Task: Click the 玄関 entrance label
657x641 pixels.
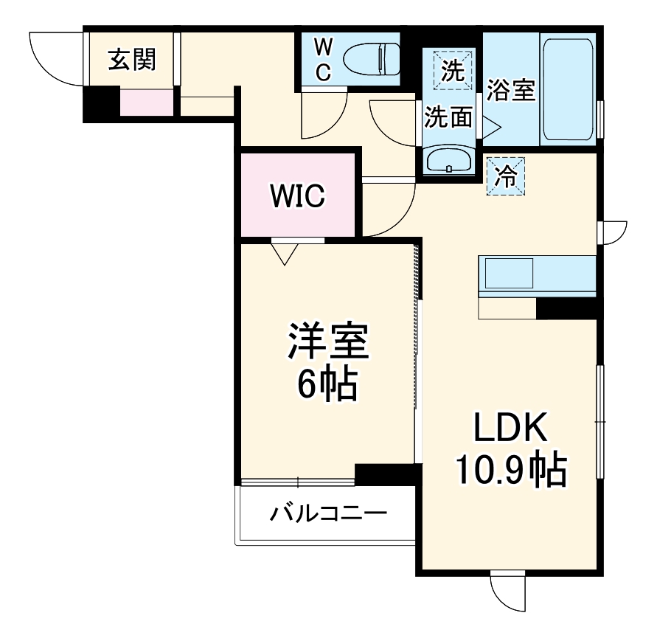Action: pos(132,59)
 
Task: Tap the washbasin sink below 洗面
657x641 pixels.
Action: pos(450,160)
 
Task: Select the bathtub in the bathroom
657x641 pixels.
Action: pos(567,90)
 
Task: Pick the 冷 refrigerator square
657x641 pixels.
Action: pos(506,176)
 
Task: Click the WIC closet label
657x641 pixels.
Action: pos(297,195)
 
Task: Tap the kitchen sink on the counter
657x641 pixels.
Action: pos(508,273)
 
